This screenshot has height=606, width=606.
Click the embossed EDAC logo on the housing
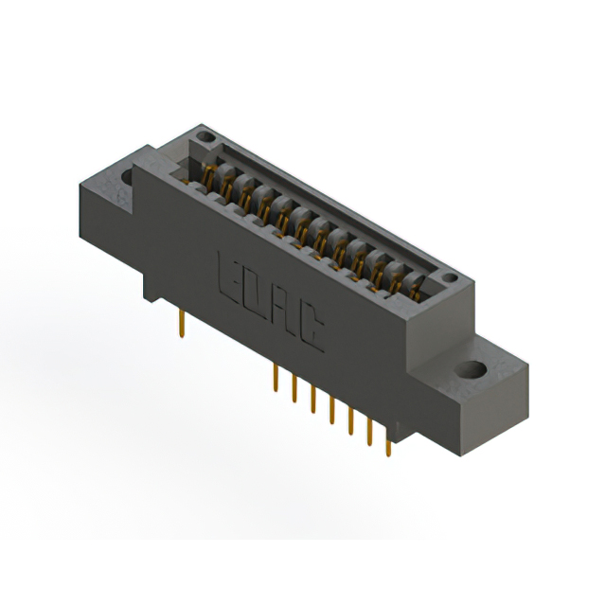tap(271, 303)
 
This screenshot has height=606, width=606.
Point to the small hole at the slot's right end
tap(451, 279)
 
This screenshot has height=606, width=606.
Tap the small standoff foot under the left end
tap(156, 284)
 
